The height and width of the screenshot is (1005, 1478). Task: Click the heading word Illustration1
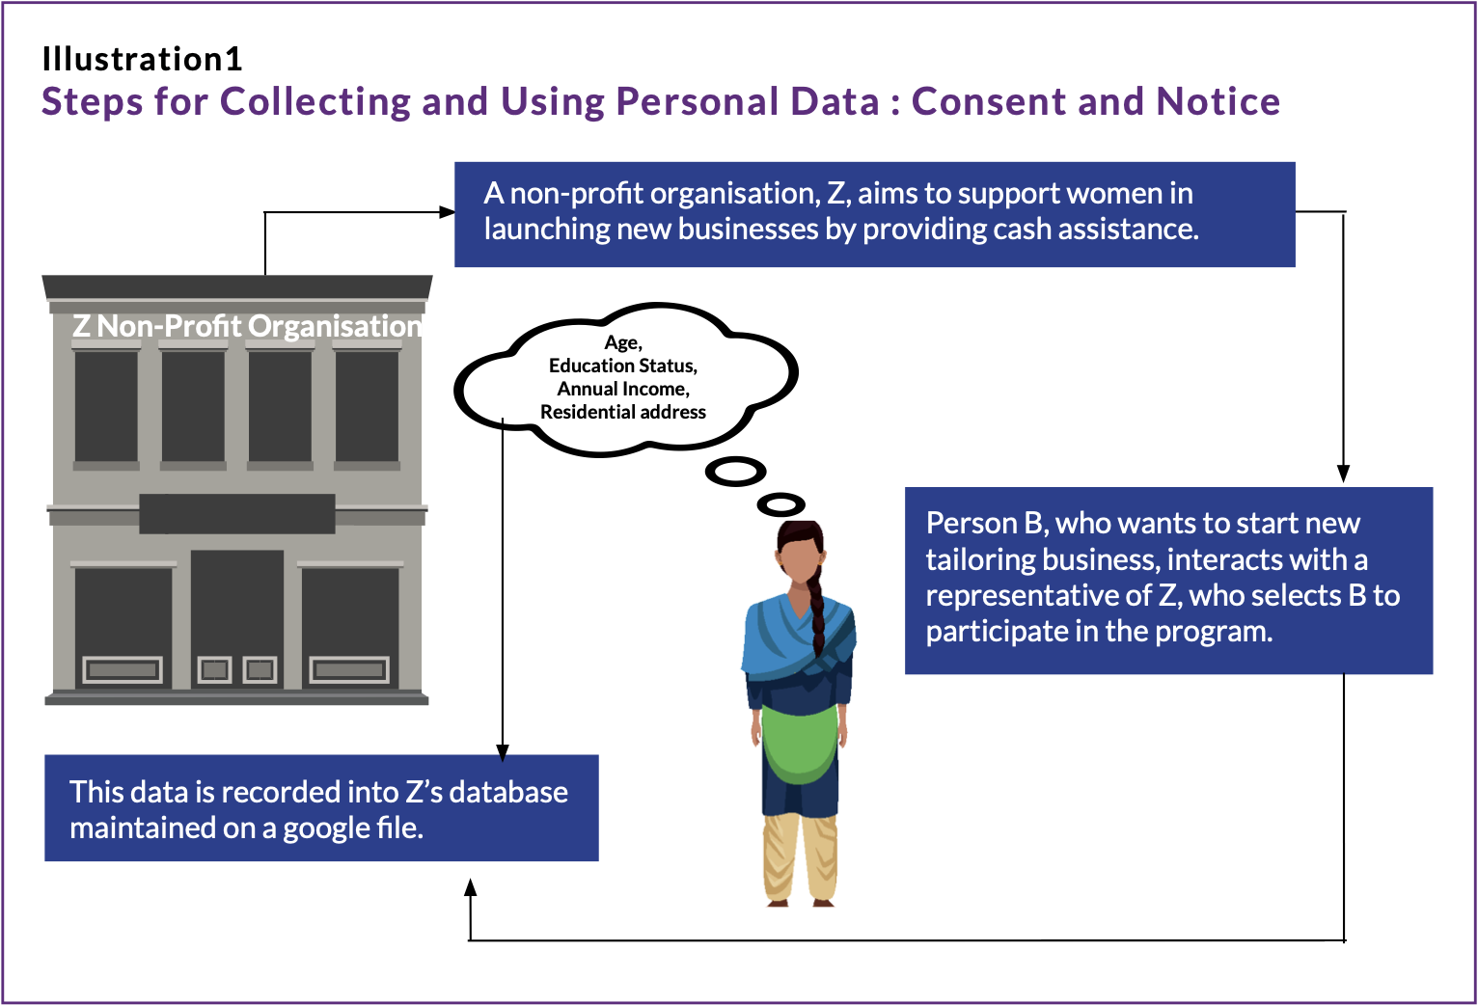pos(142,60)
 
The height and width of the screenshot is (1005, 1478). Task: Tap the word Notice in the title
pos(1218,101)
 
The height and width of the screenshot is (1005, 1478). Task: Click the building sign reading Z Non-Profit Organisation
pos(247,326)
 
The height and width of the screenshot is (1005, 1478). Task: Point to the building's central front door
pos(237,617)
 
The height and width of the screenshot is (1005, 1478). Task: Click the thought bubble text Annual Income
pos(622,389)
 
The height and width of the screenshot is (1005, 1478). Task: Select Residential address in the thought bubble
pos(622,412)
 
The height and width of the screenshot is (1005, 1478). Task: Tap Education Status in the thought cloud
pos(622,366)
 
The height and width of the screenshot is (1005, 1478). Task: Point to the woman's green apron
pos(799,743)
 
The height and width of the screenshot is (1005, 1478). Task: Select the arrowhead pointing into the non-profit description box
pos(447,212)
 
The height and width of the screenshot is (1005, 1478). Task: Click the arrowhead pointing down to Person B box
pos(1343,474)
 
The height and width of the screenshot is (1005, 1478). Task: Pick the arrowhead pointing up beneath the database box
pos(471,887)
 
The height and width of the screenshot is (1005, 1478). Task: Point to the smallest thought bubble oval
pos(780,504)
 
